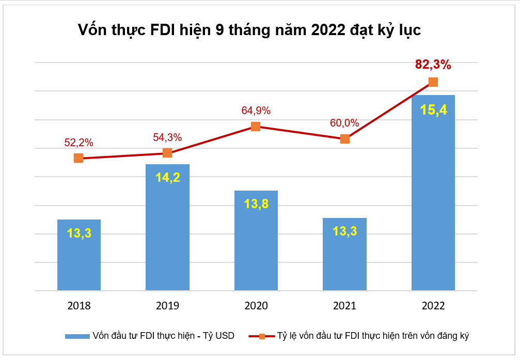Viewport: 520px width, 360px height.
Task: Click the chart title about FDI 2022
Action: [249, 30]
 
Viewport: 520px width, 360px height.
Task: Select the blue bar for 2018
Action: [78, 256]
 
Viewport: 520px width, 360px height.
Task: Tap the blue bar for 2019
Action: [167, 227]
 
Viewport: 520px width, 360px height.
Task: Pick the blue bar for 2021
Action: [344, 254]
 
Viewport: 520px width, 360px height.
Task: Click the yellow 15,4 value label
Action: [433, 110]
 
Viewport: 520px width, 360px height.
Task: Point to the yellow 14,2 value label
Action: [167, 177]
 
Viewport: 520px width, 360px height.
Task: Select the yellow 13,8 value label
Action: [256, 204]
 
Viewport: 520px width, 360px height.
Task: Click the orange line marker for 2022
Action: [433, 82]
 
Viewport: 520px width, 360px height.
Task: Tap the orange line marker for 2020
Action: [256, 127]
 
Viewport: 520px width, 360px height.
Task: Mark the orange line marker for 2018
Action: [78, 158]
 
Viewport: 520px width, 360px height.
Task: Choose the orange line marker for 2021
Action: [344, 139]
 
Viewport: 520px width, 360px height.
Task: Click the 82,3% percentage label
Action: [433, 65]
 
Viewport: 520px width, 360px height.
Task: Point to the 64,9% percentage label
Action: [256, 111]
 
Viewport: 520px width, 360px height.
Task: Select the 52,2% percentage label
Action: [78, 143]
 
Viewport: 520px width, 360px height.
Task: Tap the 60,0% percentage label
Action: [344, 123]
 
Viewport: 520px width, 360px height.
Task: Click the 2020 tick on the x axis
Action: [256, 305]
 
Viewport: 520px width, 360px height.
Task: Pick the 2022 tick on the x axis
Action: [433, 305]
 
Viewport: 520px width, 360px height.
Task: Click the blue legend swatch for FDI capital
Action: [77, 336]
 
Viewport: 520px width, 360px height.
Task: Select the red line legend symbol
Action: [262, 336]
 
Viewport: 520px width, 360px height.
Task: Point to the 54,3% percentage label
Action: [167, 137]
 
